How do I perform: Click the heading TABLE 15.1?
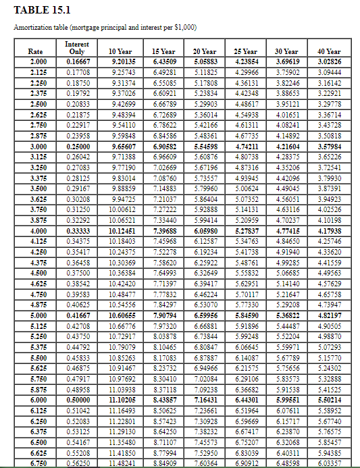coord(43,10)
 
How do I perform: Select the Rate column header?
coord(36,51)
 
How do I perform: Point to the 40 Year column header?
coord(328,51)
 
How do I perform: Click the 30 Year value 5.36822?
coord(287,315)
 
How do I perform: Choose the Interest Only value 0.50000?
coord(77,399)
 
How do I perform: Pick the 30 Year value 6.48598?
coord(287,462)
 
